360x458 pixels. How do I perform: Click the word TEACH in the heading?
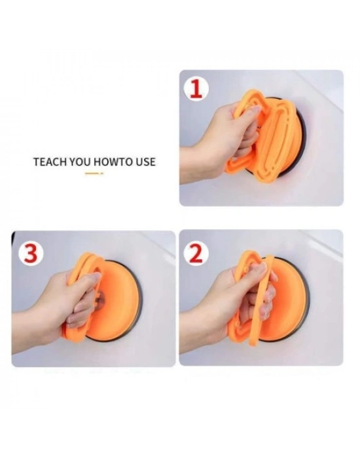pos(50,162)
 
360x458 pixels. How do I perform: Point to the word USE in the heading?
pos(145,162)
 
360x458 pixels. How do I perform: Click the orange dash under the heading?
pos(94,173)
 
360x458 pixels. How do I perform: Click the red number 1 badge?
pos(196,90)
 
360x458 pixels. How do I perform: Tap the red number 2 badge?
pos(196,253)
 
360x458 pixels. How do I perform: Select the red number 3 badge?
pos(31,253)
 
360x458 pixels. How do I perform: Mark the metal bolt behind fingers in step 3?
pos(99,298)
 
